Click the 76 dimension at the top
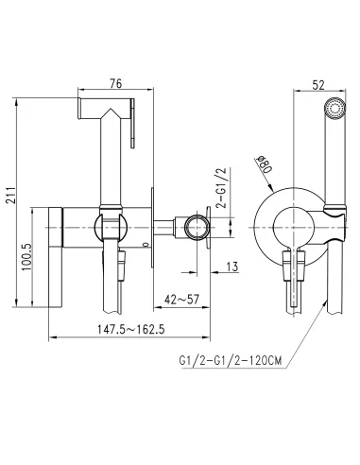point(114,83)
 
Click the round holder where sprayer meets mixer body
point(111,228)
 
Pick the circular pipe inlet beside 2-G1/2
point(197,228)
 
